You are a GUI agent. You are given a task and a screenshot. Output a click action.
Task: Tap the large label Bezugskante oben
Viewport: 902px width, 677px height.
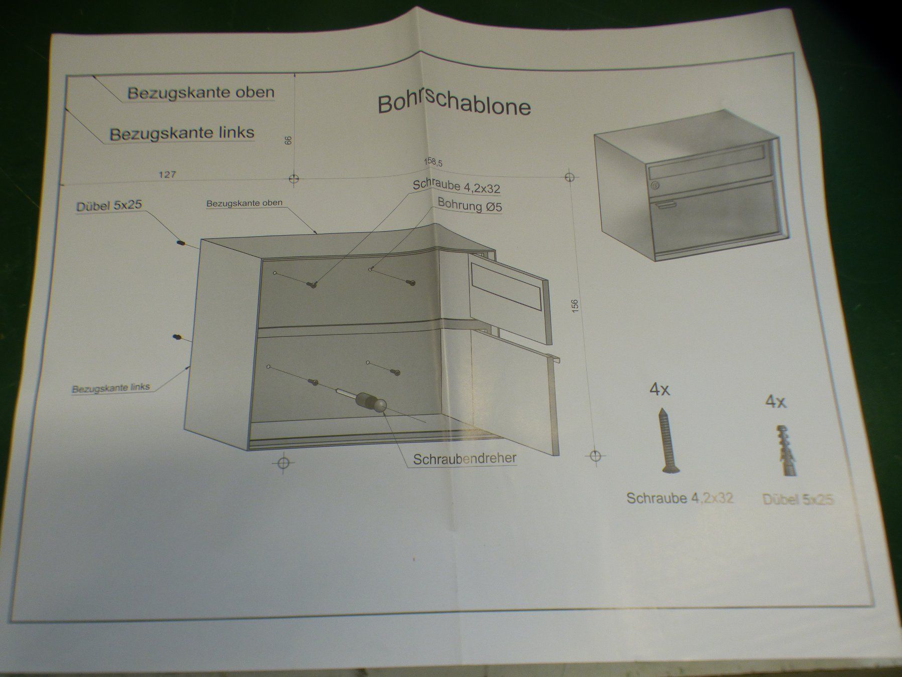point(200,93)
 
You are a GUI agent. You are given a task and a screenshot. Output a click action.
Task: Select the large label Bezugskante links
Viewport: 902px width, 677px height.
point(182,133)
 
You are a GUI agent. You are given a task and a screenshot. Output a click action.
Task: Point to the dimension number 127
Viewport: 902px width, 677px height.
point(167,175)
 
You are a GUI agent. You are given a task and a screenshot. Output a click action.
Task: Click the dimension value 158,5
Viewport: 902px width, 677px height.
point(433,161)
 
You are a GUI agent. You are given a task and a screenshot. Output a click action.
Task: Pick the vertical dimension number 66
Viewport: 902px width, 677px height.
point(288,140)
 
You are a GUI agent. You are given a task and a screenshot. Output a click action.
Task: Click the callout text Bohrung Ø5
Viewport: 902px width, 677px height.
point(470,205)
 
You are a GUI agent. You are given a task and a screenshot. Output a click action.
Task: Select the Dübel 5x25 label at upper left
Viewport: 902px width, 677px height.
point(109,206)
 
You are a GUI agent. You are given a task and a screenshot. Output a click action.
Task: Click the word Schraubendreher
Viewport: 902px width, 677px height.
point(465,459)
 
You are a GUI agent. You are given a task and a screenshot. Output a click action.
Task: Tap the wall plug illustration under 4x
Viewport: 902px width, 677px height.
point(784,451)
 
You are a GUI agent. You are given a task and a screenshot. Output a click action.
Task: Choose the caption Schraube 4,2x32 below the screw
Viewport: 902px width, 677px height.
point(680,498)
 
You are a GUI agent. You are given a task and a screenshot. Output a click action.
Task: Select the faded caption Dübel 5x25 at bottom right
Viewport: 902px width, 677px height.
point(798,499)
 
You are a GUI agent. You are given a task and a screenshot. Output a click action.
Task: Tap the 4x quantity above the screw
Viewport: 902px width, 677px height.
point(659,390)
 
